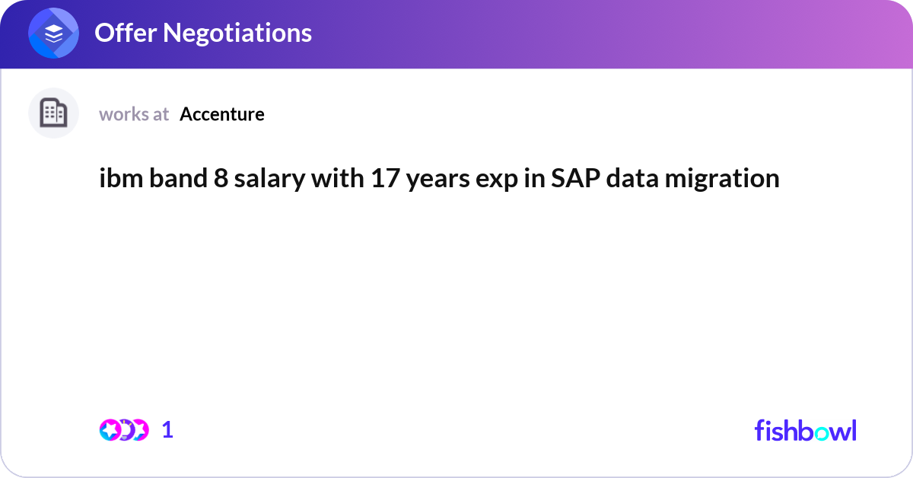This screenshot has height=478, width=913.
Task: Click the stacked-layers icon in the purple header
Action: pyautogui.click(x=54, y=33)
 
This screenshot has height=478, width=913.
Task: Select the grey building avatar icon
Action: pyautogui.click(x=53, y=113)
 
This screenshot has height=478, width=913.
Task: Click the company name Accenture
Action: pyautogui.click(x=222, y=114)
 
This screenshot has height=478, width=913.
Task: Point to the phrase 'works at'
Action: pyautogui.click(x=134, y=114)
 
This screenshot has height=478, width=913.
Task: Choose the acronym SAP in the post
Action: pyautogui.click(x=572, y=178)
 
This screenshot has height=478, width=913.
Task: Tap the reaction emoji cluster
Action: pyautogui.click(x=123, y=430)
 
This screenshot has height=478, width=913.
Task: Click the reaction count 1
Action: pyautogui.click(x=167, y=430)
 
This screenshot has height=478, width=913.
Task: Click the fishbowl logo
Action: pyautogui.click(x=805, y=430)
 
